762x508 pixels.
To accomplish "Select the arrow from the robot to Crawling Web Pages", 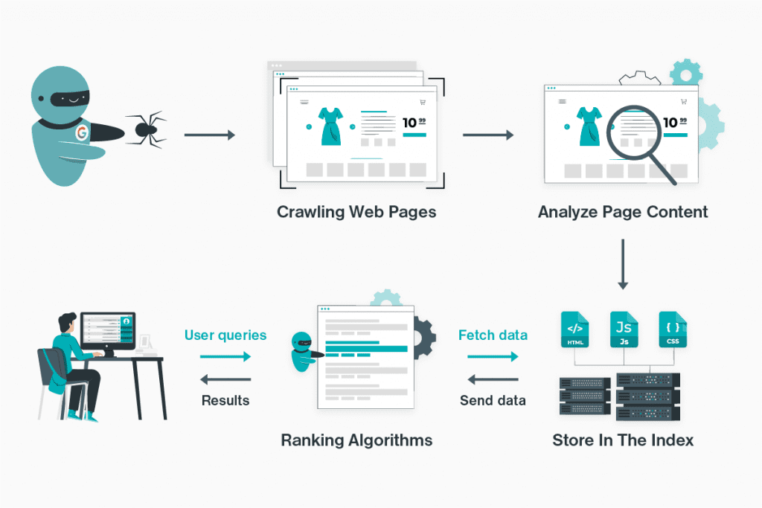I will pyautogui.click(x=209, y=135).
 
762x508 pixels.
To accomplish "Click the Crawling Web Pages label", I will pyautogui.click(x=356, y=212).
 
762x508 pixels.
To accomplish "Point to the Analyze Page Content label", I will pyautogui.click(x=623, y=212).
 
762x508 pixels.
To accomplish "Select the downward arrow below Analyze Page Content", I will pyautogui.click(x=623, y=263).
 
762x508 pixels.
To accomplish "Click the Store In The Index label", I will pyautogui.click(x=623, y=440).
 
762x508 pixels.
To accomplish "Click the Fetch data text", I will pyautogui.click(x=493, y=335).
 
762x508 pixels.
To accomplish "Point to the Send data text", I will pyautogui.click(x=493, y=400).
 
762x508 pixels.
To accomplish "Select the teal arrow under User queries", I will pyautogui.click(x=225, y=357).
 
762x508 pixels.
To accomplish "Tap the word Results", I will pyautogui.click(x=225, y=400).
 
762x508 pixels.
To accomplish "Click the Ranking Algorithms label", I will pyautogui.click(x=356, y=440).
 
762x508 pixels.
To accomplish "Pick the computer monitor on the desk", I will pyautogui.click(x=108, y=332).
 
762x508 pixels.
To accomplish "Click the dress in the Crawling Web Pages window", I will pyautogui.click(x=330, y=126).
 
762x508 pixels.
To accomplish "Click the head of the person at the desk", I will pyautogui.click(x=65, y=323).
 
